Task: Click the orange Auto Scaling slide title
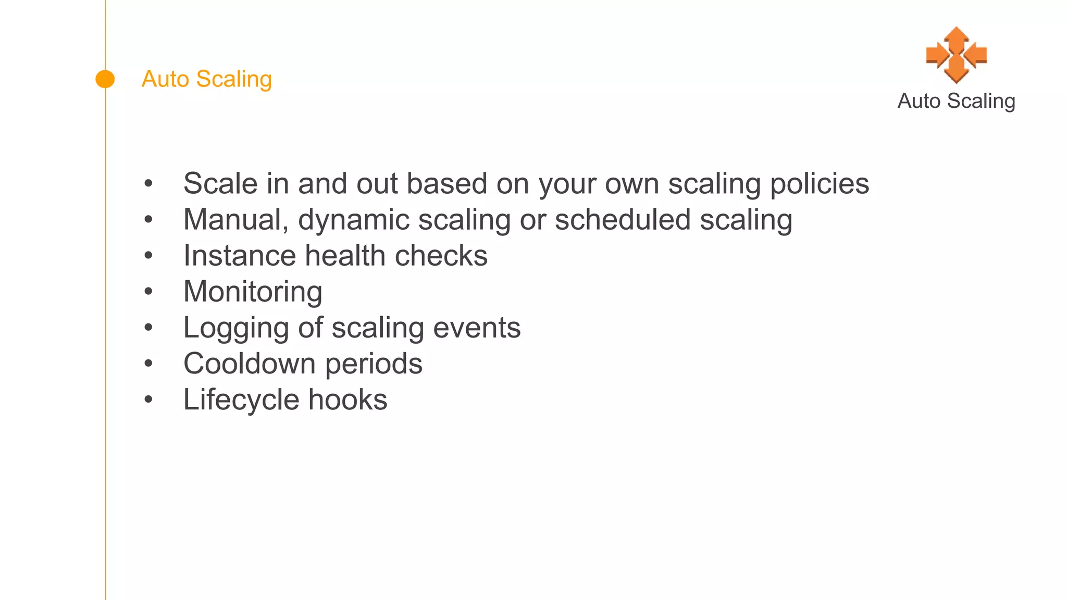click(x=206, y=79)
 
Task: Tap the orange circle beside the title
click(x=105, y=79)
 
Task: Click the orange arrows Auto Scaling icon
click(x=956, y=55)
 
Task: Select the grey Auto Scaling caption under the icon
click(x=956, y=101)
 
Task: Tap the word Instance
click(x=240, y=256)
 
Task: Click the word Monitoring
click(x=253, y=292)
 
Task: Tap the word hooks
click(x=348, y=400)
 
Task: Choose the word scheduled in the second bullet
click(x=623, y=220)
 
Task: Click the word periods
click(x=374, y=364)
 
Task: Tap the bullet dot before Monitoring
click(x=148, y=292)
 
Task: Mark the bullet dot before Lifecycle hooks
click(x=148, y=400)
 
